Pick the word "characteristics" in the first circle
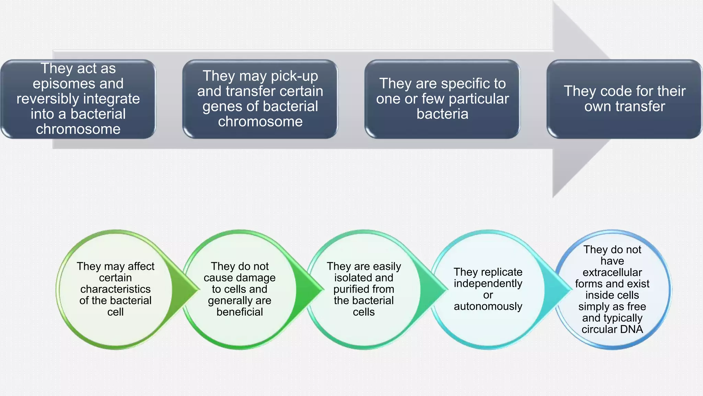coord(115,289)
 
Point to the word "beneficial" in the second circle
coord(240,312)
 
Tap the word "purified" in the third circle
coord(347,289)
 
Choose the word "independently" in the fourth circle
coord(488,284)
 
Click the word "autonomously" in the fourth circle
coord(488,306)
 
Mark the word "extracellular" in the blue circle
coord(612,272)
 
